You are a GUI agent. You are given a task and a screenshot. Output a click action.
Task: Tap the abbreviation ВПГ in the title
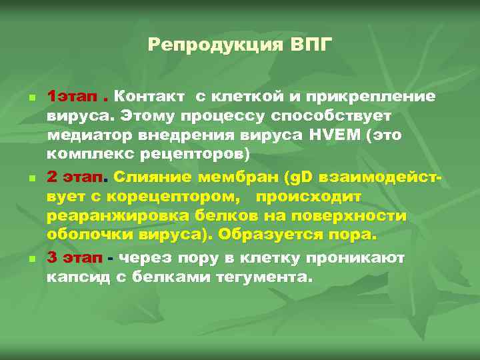click(x=311, y=45)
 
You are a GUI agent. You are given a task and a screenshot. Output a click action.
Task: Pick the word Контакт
click(x=152, y=97)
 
